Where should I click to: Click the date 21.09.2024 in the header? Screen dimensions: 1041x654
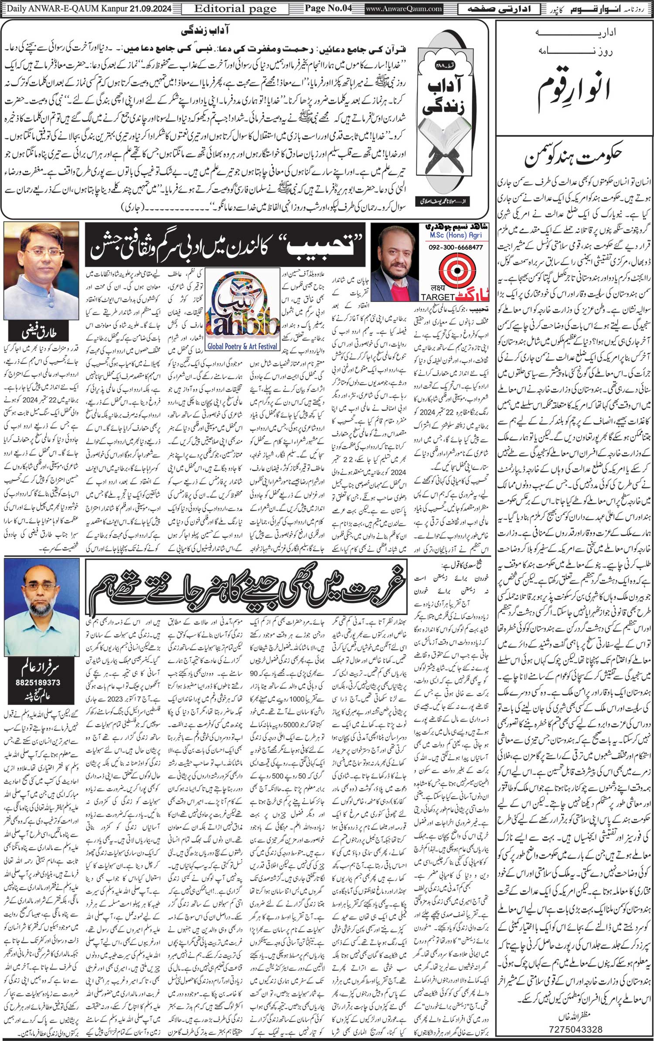click(150, 8)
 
